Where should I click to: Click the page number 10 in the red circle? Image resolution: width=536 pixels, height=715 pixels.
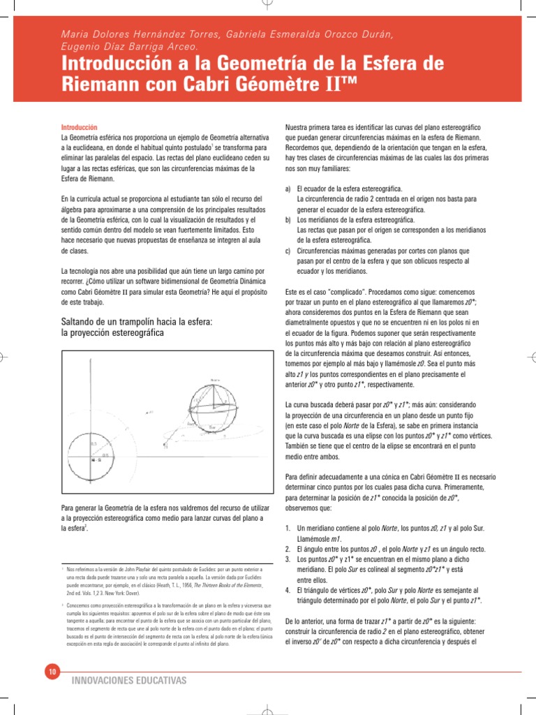click(x=52, y=672)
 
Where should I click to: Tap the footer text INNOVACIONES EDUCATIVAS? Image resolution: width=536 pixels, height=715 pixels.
click(x=129, y=680)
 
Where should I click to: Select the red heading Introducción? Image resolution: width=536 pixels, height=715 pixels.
click(x=79, y=127)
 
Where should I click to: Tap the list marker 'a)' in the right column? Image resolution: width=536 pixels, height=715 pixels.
click(x=288, y=189)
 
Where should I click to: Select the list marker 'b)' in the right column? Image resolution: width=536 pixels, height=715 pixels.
click(x=288, y=219)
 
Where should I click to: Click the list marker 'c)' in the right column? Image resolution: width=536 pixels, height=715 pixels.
click(x=288, y=250)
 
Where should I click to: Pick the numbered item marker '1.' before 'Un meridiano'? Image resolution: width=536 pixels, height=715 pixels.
click(x=289, y=529)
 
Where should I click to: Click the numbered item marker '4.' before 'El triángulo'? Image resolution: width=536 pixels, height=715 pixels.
click(x=289, y=590)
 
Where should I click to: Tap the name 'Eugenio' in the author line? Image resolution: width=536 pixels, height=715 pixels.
click(x=80, y=47)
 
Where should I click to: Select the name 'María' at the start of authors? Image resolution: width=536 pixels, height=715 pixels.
click(x=75, y=35)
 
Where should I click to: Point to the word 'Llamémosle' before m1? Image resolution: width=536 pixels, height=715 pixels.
click(x=315, y=539)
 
